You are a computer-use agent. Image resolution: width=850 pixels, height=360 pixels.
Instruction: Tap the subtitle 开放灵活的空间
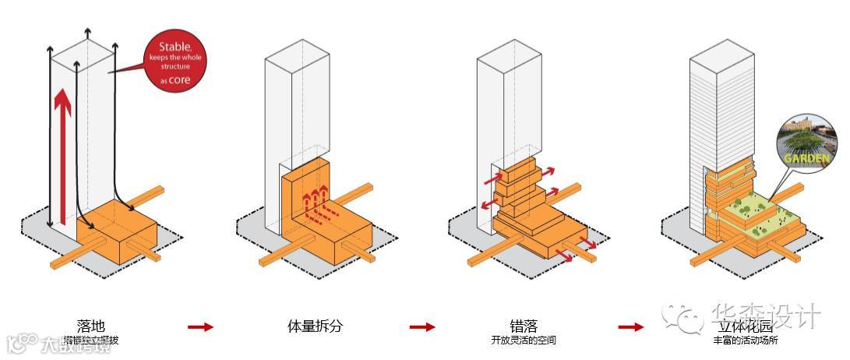[x=524, y=341]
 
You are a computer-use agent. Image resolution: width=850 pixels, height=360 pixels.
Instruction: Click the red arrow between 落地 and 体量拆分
[x=200, y=327]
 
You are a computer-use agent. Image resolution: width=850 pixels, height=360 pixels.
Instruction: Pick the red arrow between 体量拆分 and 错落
[x=422, y=327]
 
